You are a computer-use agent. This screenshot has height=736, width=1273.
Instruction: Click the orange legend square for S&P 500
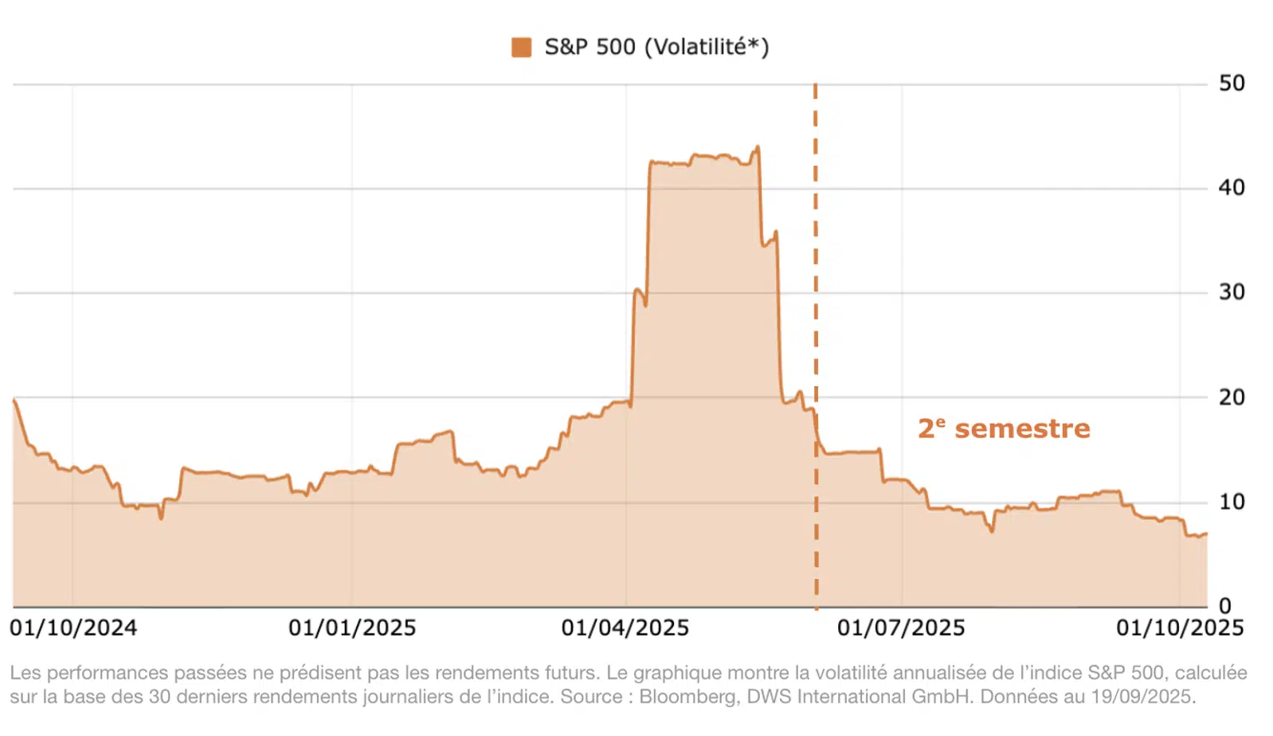coord(521,47)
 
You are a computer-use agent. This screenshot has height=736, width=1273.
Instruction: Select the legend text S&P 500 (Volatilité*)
coord(656,47)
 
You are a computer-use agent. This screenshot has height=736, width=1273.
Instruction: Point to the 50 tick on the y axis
coord(1231,84)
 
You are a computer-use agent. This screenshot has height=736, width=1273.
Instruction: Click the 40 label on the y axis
coord(1231,188)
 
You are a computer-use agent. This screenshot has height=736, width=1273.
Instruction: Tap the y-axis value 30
coord(1231,292)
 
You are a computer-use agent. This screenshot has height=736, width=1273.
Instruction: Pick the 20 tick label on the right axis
coord(1231,397)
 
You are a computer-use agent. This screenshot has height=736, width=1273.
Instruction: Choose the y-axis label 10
coord(1231,502)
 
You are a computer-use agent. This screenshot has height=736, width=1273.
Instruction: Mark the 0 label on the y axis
coord(1224,605)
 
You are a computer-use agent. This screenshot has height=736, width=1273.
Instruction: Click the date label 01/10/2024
coord(73,628)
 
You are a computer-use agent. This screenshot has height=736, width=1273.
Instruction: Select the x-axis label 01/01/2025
coord(352,628)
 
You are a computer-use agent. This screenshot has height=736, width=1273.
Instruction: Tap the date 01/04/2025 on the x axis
coord(625,628)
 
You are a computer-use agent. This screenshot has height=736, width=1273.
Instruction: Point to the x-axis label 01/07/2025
coord(901,628)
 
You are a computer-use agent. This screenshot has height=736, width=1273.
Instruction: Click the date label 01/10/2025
coord(1180,628)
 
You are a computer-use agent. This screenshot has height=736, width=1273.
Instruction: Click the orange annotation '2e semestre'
coord(1004,429)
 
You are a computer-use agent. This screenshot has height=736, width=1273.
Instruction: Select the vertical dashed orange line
coord(816,319)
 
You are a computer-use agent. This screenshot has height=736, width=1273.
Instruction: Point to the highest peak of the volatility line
coord(757,147)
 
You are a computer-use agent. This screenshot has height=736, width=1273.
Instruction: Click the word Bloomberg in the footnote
coord(687,697)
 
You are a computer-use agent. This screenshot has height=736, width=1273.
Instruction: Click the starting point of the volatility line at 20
coord(14,399)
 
